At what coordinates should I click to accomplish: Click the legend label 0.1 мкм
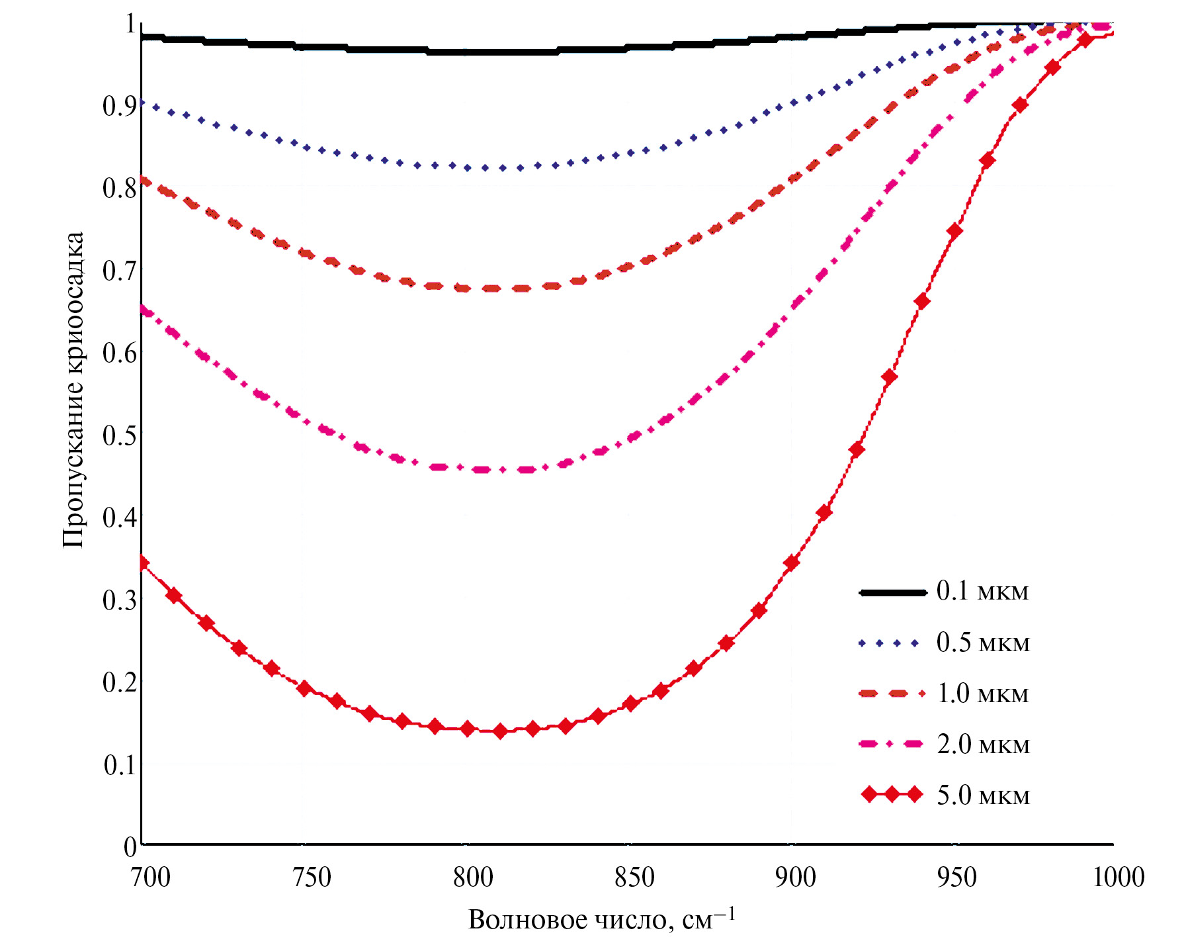coord(982,591)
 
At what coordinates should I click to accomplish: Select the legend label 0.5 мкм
coord(983,642)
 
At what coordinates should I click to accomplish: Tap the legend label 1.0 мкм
coord(983,693)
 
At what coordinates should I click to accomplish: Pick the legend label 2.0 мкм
coord(983,744)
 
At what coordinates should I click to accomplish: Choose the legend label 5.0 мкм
coord(983,795)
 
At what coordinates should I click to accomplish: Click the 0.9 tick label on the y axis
coord(120,106)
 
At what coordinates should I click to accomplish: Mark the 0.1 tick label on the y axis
coord(120,764)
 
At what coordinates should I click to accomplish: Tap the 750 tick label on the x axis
coord(312,877)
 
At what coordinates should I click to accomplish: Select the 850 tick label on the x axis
coord(634,877)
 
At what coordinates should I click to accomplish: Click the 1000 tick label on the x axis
coord(1119,877)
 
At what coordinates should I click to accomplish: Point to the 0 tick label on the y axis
coord(130,846)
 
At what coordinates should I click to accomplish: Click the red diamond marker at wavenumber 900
coord(791,563)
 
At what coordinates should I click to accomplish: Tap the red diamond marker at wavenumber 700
coord(143,563)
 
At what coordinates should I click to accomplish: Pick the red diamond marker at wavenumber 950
coord(954,231)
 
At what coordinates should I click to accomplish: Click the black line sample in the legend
coord(892,592)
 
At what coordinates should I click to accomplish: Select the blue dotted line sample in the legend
coord(888,643)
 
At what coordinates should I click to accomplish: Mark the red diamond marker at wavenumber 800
coord(468,729)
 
